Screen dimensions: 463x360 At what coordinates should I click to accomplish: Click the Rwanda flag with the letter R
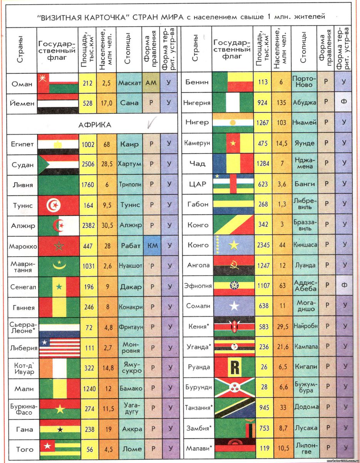(x=234, y=367)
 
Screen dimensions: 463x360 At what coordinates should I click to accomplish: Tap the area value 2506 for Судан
(x=88, y=164)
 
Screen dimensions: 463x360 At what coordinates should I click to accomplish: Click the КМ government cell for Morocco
(x=151, y=246)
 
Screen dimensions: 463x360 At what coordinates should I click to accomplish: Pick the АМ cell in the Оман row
(x=151, y=83)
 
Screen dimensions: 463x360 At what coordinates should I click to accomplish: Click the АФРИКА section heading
(x=95, y=125)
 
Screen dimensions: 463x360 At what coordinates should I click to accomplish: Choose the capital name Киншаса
(x=304, y=245)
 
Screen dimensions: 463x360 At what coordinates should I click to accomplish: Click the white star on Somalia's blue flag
(x=234, y=306)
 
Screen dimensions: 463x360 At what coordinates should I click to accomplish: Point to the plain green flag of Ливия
(x=59, y=185)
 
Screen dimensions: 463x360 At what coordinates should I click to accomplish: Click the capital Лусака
(x=304, y=428)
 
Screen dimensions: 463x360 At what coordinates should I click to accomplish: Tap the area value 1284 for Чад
(x=263, y=163)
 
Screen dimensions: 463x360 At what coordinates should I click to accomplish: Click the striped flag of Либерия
(x=59, y=348)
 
